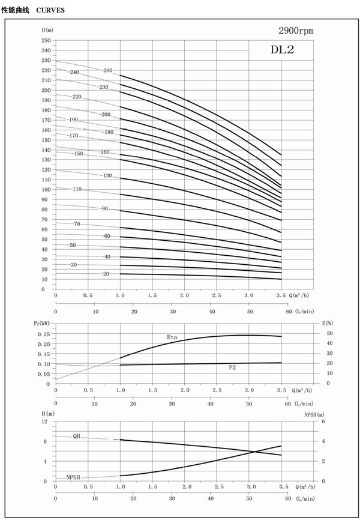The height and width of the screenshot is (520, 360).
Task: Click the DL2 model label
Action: point(281,50)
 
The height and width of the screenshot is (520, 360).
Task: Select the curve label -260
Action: point(107,71)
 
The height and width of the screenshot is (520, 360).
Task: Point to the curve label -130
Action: point(106,175)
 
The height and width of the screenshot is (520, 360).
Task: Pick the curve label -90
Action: point(104,208)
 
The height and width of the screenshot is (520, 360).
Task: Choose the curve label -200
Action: point(105,114)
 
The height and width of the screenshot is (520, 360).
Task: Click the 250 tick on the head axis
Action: point(46,40)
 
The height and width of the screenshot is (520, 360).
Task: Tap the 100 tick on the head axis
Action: point(46,190)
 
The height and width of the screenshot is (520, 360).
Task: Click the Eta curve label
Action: point(172,337)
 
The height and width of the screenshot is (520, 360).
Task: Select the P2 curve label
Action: point(233,366)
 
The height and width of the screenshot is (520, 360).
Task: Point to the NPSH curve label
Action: point(73,477)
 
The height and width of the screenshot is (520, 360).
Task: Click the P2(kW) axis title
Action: point(42,324)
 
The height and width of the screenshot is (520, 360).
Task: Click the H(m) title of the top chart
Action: point(48,30)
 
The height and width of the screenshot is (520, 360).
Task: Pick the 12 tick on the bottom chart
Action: point(44,422)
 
